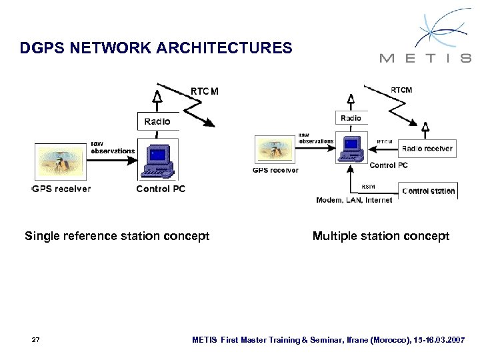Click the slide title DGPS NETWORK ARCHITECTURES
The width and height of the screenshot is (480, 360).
point(156,48)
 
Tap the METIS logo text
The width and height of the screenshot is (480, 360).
point(425,58)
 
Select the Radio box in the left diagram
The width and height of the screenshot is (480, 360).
point(157,121)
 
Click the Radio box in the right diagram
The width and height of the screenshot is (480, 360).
point(351,118)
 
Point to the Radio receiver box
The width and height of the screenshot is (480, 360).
point(427,149)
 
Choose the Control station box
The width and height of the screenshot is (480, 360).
point(429,191)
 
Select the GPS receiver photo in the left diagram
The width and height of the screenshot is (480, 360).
point(61,162)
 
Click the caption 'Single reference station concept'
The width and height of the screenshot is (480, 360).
point(117,236)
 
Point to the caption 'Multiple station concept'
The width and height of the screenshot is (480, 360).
point(381,236)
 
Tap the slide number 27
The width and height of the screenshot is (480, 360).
point(36,340)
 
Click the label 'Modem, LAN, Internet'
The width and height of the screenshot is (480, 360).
point(354,200)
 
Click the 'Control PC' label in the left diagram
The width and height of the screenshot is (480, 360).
point(161,189)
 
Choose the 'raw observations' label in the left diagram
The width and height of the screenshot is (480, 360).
point(112,147)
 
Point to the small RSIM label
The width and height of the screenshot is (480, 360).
point(368,186)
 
